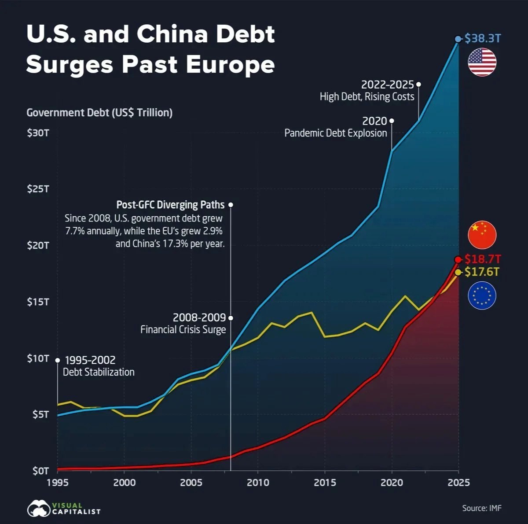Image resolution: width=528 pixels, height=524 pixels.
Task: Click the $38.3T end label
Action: click(x=483, y=38)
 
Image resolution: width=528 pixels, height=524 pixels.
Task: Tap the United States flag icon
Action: click(x=482, y=62)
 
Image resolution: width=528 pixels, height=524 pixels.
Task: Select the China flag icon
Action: click(x=482, y=235)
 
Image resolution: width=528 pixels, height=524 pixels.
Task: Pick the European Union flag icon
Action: click(x=482, y=295)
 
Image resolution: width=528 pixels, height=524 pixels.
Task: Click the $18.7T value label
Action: click(x=483, y=259)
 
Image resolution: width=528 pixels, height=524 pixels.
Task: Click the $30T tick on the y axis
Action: click(x=38, y=133)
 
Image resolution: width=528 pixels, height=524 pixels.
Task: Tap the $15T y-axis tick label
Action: click(x=38, y=302)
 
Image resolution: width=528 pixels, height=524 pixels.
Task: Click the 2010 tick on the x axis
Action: click(x=258, y=483)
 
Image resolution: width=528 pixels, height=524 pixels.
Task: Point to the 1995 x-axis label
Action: click(x=57, y=483)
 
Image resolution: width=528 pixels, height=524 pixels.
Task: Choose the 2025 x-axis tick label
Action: click(x=458, y=483)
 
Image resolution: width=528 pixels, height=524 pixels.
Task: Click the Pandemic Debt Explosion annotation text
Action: click(x=336, y=133)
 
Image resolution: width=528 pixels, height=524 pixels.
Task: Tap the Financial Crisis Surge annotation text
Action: click(x=183, y=329)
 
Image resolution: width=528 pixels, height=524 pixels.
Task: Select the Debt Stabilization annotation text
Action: click(x=99, y=372)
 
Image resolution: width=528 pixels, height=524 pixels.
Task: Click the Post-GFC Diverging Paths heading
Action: click(x=170, y=205)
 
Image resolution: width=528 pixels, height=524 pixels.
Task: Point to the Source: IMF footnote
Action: click(x=481, y=508)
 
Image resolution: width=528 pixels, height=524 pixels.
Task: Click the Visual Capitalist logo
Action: click(x=64, y=508)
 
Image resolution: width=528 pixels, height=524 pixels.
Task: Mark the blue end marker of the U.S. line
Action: click(x=458, y=39)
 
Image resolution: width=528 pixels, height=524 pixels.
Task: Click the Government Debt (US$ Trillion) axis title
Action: click(x=99, y=113)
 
